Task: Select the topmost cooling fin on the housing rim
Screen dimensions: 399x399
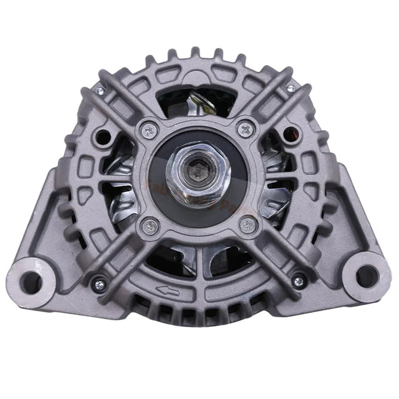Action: (x=198, y=52)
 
